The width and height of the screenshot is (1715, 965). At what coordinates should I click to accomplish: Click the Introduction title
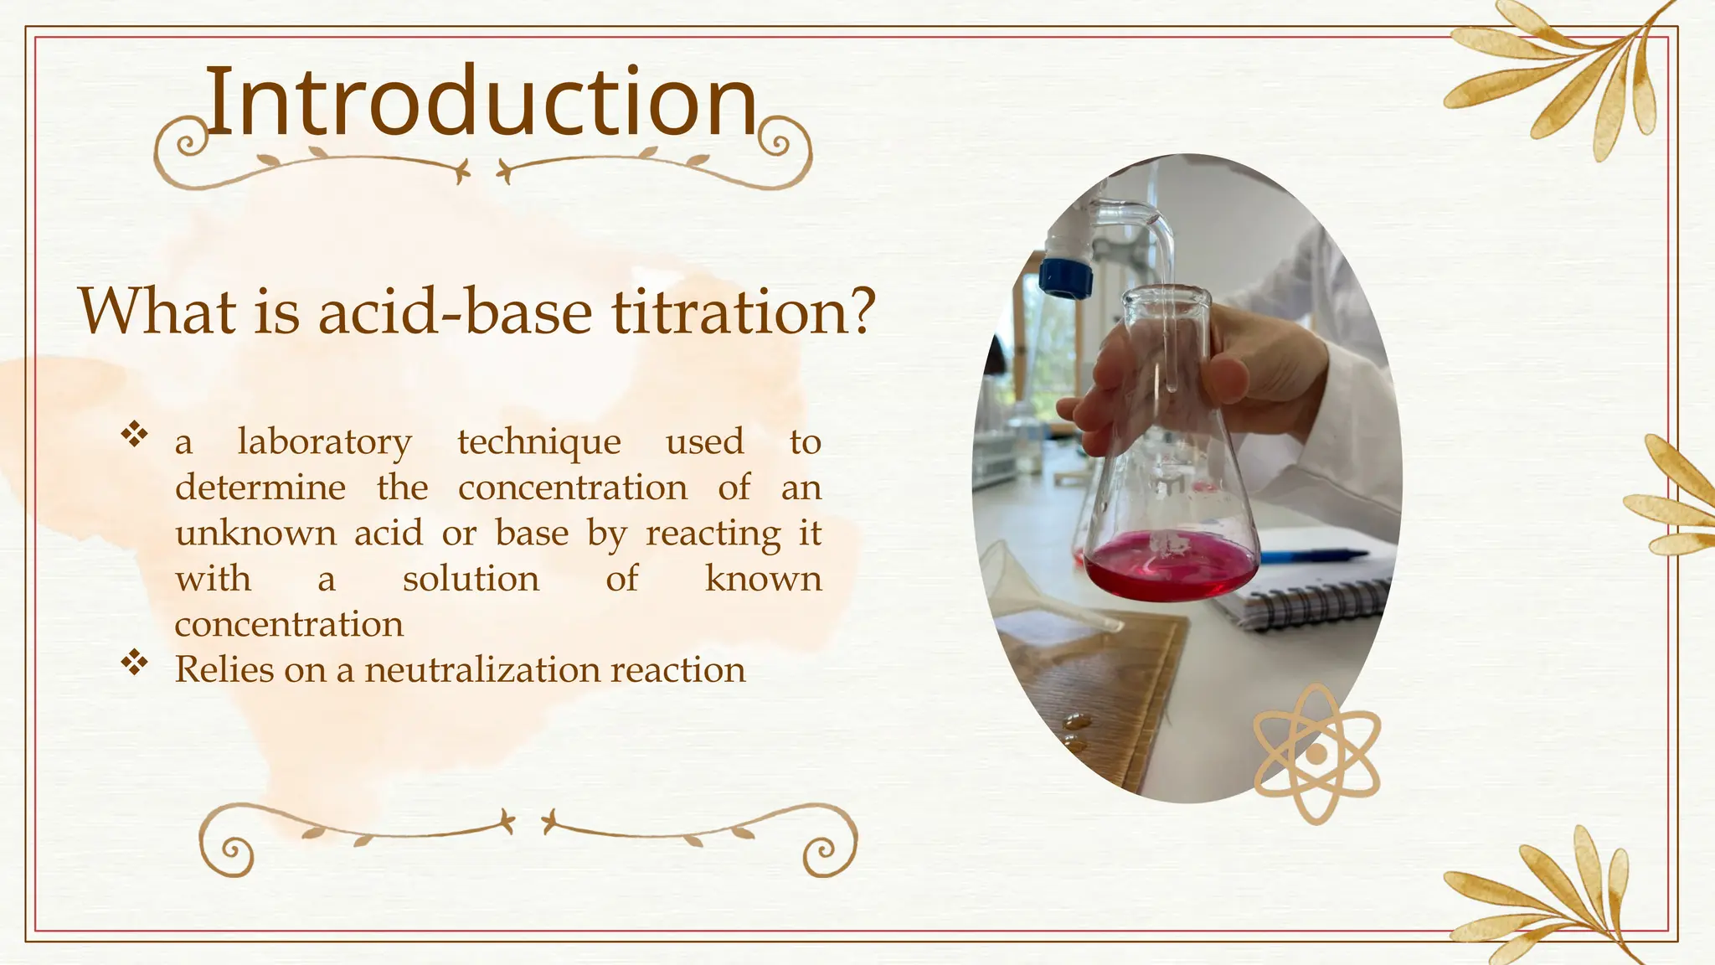click(x=481, y=102)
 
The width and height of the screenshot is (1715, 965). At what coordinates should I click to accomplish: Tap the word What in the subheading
click(x=157, y=312)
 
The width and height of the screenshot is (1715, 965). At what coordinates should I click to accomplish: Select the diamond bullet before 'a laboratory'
click(x=134, y=435)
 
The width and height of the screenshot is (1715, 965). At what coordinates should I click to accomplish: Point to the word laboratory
click(x=324, y=442)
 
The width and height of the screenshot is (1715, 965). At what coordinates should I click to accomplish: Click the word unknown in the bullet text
click(x=255, y=534)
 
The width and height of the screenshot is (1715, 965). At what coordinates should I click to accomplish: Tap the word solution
click(x=471, y=580)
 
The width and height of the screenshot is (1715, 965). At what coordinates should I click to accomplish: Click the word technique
click(x=538, y=442)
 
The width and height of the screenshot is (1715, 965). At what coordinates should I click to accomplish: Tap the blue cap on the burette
click(x=1066, y=277)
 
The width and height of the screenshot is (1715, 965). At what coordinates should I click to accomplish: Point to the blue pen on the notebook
click(x=1315, y=555)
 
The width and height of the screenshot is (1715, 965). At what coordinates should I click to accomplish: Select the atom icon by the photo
click(x=1316, y=753)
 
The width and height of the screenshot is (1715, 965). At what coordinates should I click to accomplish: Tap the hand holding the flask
click(x=1256, y=369)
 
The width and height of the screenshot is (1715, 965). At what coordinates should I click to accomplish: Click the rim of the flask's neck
click(x=1166, y=296)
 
